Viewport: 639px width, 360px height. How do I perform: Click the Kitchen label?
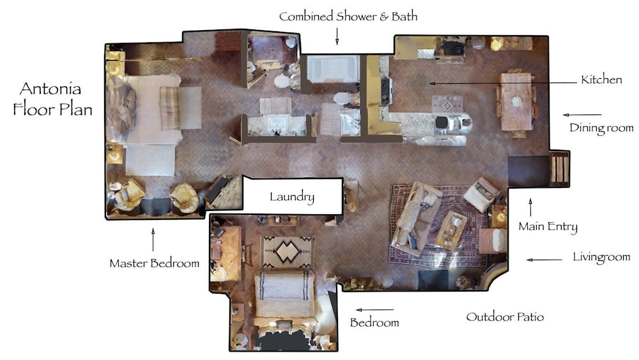point(601,79)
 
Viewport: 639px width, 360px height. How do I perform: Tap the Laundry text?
point(292,197)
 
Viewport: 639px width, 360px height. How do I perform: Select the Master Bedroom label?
point(155,263)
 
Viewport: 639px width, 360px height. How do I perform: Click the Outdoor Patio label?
point(505,317)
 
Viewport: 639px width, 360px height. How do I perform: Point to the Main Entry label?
point(548,227)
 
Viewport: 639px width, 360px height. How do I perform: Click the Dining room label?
point(601,128)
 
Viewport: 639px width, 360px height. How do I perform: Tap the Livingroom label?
point(601,257)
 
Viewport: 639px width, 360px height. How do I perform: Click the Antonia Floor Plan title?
point(52,99)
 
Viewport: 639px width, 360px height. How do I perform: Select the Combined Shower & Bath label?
point(348,17)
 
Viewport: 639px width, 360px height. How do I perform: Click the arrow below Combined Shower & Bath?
point(337,36)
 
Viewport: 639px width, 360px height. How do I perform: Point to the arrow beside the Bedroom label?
point(374,310)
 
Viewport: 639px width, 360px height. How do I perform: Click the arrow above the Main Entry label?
point(530,207)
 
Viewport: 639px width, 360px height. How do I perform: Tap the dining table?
point(516,102)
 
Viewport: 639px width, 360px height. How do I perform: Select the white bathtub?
point(333,68)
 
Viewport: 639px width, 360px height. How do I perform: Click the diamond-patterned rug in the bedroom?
point(288,252)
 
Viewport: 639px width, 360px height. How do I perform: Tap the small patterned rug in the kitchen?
point(447,104)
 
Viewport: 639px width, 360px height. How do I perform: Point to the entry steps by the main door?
point(560,169)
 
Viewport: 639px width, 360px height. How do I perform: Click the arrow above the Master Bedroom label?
point(153,240)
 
